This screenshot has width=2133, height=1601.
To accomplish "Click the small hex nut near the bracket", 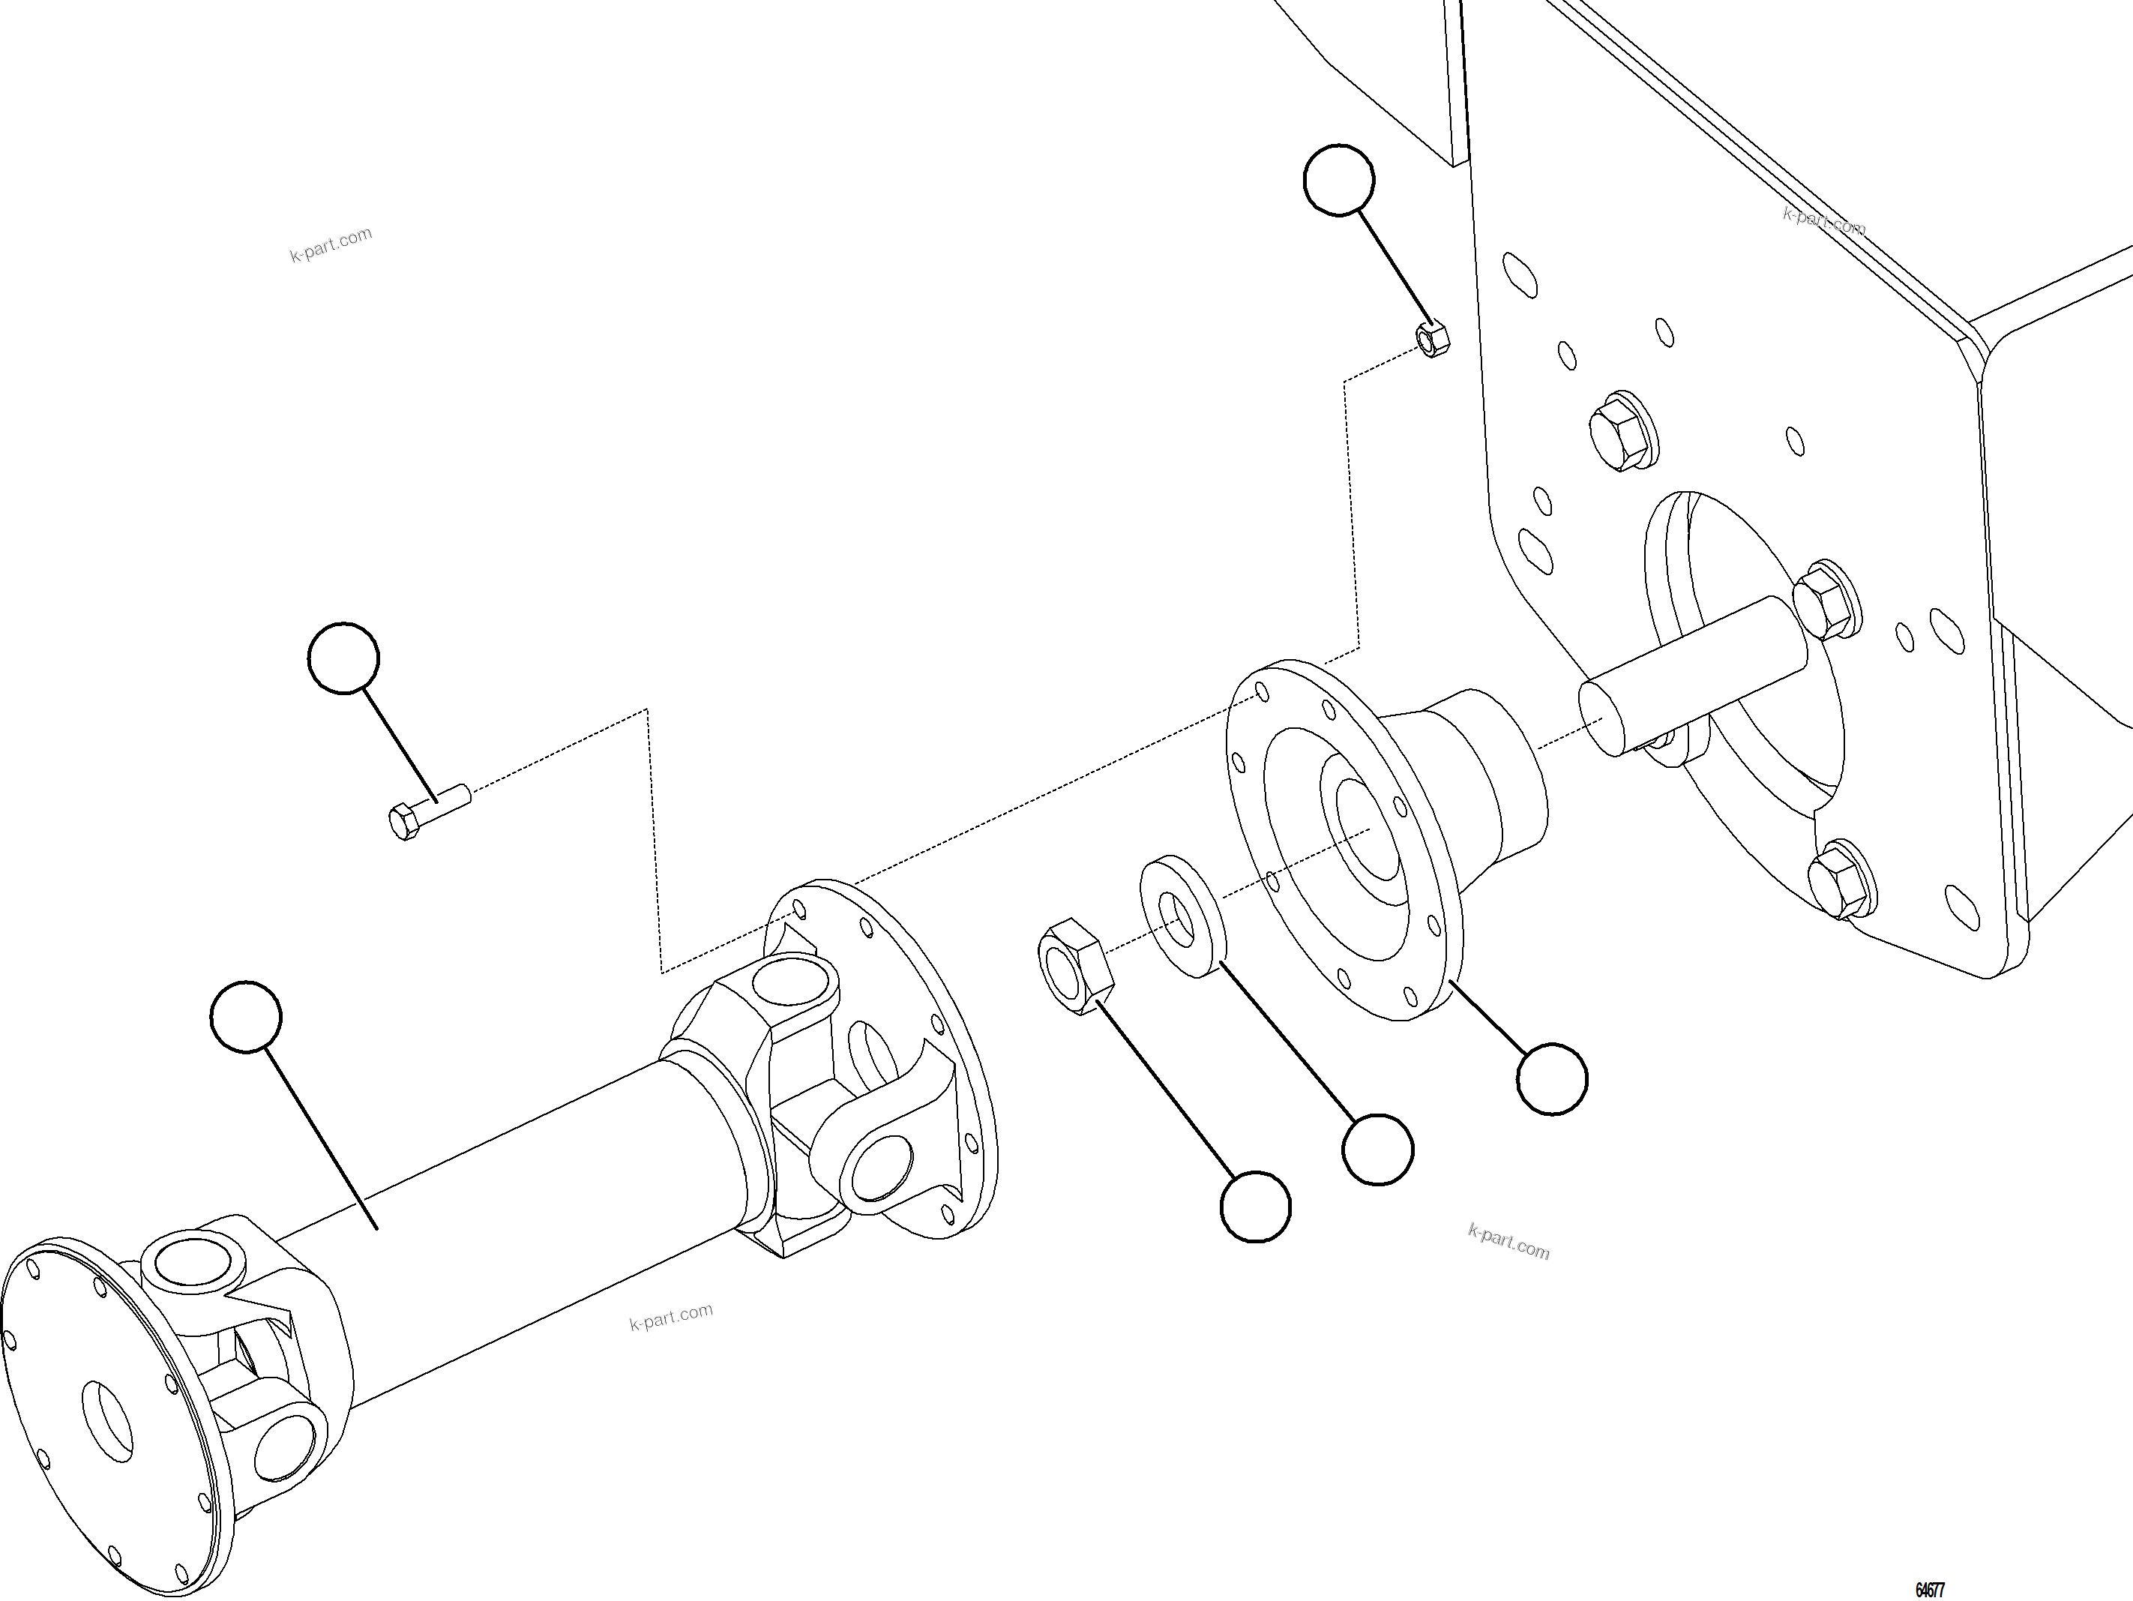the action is click(1432, 338).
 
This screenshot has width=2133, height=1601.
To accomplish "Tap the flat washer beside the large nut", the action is click(1182, 916).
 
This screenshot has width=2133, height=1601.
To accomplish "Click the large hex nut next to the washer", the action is click(1075, 967).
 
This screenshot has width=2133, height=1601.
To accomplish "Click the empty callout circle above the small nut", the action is click(1338, 181).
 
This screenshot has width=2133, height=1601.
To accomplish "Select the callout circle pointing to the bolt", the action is click(343, 658).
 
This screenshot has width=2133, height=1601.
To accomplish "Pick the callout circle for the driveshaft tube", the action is click(246, 1017).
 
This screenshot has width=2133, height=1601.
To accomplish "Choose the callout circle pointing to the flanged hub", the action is click(1551, 1078).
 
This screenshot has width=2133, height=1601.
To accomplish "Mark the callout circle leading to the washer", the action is click(1378, 1149).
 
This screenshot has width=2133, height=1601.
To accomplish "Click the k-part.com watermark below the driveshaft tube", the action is click(671, 1317).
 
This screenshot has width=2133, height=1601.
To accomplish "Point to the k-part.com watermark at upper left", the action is click(331, 245).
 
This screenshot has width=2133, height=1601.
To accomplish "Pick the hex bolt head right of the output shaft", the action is click(1826, 600).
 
